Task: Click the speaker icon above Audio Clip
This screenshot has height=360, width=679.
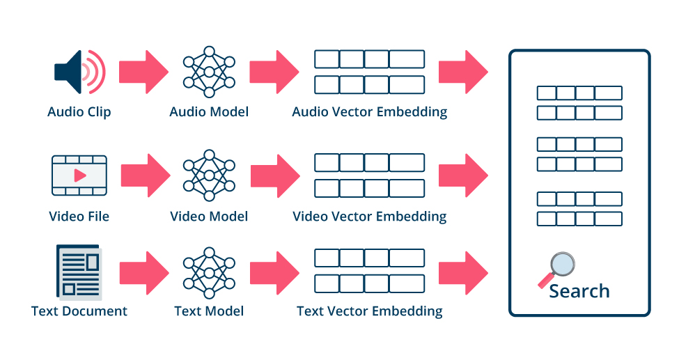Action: coord(79,72)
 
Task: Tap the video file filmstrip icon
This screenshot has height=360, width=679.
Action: coord(79,175)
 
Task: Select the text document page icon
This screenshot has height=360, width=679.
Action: coord(78,272)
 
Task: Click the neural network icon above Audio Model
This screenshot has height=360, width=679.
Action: coord(209,72)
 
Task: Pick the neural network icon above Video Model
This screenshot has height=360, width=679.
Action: coord(209,175)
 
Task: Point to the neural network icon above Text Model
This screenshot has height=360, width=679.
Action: coord(209,272)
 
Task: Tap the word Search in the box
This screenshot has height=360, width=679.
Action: coord(579,291)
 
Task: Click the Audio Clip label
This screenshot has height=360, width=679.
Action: coord(79,111)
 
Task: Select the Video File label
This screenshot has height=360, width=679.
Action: coord(79,216)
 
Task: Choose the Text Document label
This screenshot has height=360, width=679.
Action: coord(79,311)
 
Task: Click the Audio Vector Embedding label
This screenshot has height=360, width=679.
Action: coord(369,111)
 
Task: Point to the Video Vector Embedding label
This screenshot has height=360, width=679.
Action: coord(369,216)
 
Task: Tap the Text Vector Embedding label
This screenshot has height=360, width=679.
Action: coord(369,311)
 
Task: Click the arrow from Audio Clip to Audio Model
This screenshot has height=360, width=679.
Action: coord(143,72)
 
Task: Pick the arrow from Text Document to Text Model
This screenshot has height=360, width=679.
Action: coord(143,272)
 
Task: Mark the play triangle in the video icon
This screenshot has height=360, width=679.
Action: coord(80,175)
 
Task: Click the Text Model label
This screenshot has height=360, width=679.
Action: coord(209,311)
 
